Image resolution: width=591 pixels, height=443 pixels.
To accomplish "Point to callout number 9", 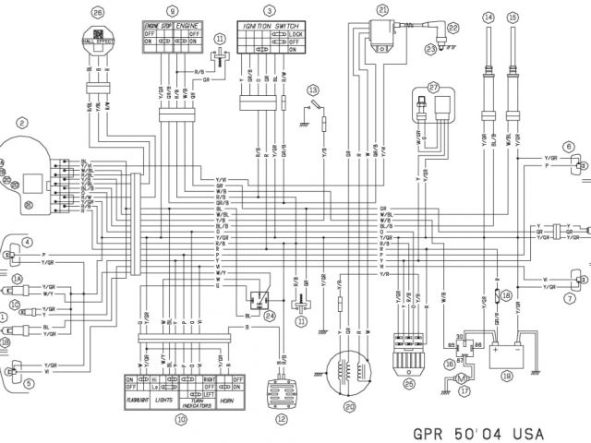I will click(173, 11).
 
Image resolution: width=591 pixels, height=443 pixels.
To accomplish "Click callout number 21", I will click(380, 9).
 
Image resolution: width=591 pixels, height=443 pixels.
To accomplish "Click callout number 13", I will click(313, 90).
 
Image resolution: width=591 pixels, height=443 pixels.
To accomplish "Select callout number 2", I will click(20, 122).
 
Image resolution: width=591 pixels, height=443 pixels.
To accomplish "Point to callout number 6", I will click(569, 146).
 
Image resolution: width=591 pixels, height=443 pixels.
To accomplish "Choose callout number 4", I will click(27, 217).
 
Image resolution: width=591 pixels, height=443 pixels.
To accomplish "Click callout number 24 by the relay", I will click(270, 316).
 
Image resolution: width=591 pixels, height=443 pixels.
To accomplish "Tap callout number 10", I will click(181, 418).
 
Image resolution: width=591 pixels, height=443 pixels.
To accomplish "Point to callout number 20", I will click(349, 404).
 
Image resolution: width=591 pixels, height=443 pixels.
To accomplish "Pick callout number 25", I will click(407, 382).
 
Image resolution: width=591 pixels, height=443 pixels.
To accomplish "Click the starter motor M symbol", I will click(466, 375).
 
